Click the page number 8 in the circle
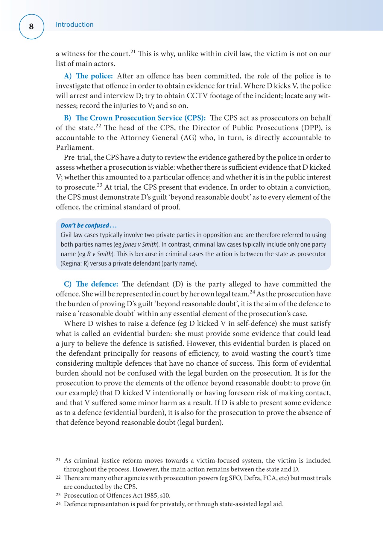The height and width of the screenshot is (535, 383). [x=31, y=26]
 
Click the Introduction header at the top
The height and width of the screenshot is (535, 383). [x=75, y=25]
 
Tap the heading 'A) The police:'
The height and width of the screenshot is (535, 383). [x=88, y=76]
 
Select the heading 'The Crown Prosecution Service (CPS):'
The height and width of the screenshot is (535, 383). [x=140, y=118]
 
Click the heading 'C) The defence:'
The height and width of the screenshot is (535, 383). [x=91, y=284]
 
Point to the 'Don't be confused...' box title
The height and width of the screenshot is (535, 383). [x=89, y=225]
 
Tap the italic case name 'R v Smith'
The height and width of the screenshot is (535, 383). [x=100, y=254]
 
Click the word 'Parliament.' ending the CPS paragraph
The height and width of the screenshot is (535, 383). [x=75, y=148]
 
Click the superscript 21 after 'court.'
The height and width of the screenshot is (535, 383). [x=133, y=52]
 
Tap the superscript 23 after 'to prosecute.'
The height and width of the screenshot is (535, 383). [x=99, y=185]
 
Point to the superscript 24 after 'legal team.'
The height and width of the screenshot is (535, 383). [x=252, y=292]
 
